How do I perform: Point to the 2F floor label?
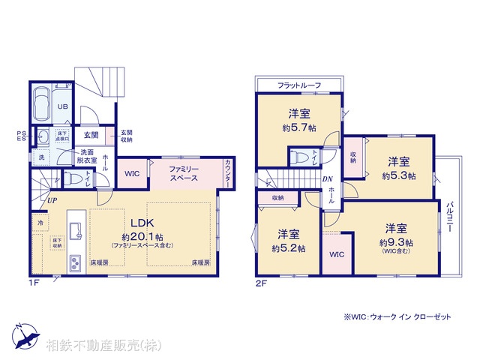tap(261, 282)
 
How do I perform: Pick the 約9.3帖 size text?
tap(397, 243)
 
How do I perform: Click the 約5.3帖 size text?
tap(398, 176)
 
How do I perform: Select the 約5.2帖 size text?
tap(289, 248)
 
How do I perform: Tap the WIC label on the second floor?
tap(337, 254)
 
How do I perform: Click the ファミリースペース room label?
tap(183, 174)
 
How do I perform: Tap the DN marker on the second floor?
tap(328, 179)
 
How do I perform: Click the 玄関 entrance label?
tap(91, 136)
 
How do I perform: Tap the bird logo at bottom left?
tap(25, 335)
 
